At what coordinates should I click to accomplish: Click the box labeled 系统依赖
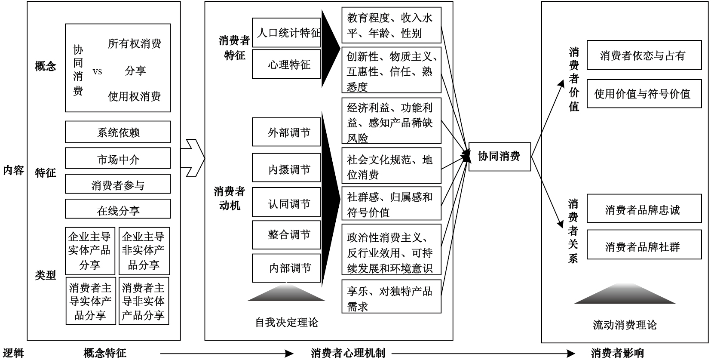pyautogui.click(x=118, y=132)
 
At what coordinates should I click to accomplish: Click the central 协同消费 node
pyautogui.click(x=499, y=157)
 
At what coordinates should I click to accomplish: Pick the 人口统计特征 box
pyautogui.click(x=286, y=33)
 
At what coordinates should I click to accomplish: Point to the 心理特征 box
pyautogui.click(x=286, y=65)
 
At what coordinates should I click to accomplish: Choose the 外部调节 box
pyautogui.click(x=286, y=132)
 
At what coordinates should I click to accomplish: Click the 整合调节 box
pyautogui.click(x=286, y=235)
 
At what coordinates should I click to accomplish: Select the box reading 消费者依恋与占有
pyautogui.click(x=644, y=55)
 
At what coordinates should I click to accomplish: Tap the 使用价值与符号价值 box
pyautogui.click(x=644, y=94)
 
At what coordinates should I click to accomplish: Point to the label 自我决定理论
pyautogui.click(x=286, y=322)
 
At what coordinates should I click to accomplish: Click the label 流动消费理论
pyautogui.click(x=625, y=325)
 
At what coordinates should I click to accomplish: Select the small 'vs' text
pyautogui.click(x=97, y=71)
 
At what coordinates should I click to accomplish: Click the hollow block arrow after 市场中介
pyautogui.click(x=193, y=158)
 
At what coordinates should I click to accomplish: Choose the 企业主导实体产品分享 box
pyautogui.click(x=90, y=251)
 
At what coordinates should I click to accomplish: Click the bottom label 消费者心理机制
pyautogui.click(x=348, y=354)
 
